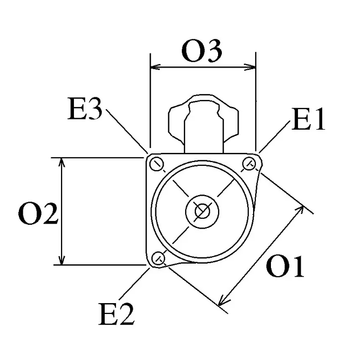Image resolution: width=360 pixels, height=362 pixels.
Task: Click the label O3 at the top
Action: point(202,51)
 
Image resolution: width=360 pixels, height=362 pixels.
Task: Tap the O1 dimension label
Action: point(285,266)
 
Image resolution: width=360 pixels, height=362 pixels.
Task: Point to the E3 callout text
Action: point(85,108)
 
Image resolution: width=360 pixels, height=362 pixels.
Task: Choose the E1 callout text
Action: point(308,119)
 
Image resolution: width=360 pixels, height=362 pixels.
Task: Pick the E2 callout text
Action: point(117,314)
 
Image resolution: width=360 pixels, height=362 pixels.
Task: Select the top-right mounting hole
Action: point(249,164)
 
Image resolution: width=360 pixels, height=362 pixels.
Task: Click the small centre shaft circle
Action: point(202,211)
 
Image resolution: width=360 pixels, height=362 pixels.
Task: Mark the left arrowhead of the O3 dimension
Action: point(155,67)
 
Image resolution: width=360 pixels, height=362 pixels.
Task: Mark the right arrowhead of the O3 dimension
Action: point(250,67)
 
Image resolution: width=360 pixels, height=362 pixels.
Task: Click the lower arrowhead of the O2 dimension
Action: point(62,260)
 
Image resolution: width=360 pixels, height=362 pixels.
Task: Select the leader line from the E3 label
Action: point(127,131)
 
